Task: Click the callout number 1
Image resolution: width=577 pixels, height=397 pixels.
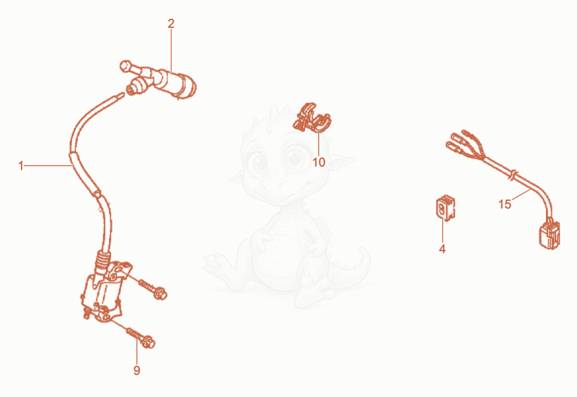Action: pyautogui.click(x=21, y=166)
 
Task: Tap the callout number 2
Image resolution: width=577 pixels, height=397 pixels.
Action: pyautogui.click(x=171, y=24)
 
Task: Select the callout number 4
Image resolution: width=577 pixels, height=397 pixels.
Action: pyautogui.click(x=442, y=249)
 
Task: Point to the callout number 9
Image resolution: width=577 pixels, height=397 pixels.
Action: pyautogui.click(x=136, y=370)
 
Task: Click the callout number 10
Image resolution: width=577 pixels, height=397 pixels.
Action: pyautogui.click(x=319, y=162)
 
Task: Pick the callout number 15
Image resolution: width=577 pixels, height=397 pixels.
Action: pyautogui.click(x=504, y=205)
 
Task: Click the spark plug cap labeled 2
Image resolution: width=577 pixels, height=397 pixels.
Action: pyautogui.click(x=158, y=81)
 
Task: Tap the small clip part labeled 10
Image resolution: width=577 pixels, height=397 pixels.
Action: pyautogui.click(x=312, y=117)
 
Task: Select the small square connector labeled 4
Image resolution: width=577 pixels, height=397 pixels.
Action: pyautogui.click(x=445, y=208)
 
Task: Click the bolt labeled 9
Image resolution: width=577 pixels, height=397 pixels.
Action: pyautogui.click(x=141, y=338)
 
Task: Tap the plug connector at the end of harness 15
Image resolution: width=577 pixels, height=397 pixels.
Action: pyautogui.click(x=550, y=235)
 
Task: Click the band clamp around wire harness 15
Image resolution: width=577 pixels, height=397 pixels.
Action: pyautogui.click(x=512, y=174)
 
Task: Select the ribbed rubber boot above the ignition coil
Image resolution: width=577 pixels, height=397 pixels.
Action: pyautogui.click(x=102, y=261)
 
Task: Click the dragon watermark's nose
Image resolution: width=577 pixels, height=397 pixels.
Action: pyautogui.click(x=281, y=183)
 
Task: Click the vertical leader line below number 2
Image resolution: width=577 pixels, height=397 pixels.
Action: pyautogui.click(x=171, y=50)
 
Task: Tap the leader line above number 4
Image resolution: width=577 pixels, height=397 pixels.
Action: pyautogui.click(x=442, y=231)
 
